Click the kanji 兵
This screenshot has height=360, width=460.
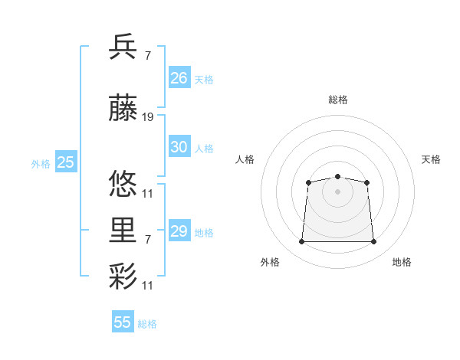click(123, 46)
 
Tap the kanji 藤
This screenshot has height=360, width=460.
click(123, 107)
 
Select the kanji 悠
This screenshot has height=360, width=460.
click(123, 183)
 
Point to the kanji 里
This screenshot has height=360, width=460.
click(123, 230)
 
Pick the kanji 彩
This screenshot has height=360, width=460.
click(123, 276)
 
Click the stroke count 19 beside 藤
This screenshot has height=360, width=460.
click(147, 117)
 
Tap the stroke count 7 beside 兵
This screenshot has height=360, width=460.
click(148, 56)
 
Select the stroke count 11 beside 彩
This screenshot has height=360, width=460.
click(147, 286)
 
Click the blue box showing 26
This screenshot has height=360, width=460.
click(179, 77)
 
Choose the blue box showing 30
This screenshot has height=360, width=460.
click(179, 146)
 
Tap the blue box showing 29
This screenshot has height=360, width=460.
click(179, 230)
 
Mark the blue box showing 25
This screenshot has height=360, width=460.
click(66, 162)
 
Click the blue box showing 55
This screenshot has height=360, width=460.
click(123, 321)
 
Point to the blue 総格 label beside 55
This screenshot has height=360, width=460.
click(147, 324)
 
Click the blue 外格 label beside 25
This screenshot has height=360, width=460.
click(41, 164)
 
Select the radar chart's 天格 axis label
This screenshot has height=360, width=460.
click(431, 159)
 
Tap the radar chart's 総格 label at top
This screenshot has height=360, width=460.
click(338, 100)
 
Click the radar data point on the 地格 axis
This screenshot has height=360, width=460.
click(373, 241)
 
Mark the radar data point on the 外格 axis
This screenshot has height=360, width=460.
click(301, 241)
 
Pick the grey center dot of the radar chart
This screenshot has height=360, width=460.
click(337, 192)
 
